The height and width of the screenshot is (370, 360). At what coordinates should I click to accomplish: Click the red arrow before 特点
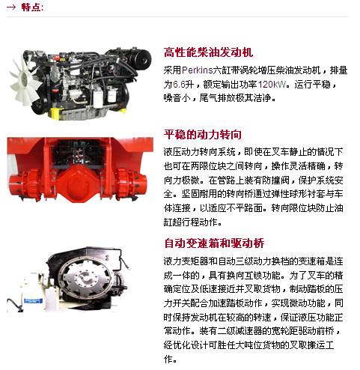11,7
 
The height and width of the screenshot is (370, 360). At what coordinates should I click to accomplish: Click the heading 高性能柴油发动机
208,52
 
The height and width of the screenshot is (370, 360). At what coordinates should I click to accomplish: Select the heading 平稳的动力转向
203,135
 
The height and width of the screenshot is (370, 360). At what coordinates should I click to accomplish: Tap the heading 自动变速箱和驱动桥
214,243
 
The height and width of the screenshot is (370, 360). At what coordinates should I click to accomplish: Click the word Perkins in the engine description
198,70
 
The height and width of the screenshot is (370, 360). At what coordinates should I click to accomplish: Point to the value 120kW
272,85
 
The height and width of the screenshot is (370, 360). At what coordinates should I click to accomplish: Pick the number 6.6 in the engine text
179,85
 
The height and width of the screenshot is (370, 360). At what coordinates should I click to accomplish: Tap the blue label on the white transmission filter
33,300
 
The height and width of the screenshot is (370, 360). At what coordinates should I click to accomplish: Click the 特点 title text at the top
32,7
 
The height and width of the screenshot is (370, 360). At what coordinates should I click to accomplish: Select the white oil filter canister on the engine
98,99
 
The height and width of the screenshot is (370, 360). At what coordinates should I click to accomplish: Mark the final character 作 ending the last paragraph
168,360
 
